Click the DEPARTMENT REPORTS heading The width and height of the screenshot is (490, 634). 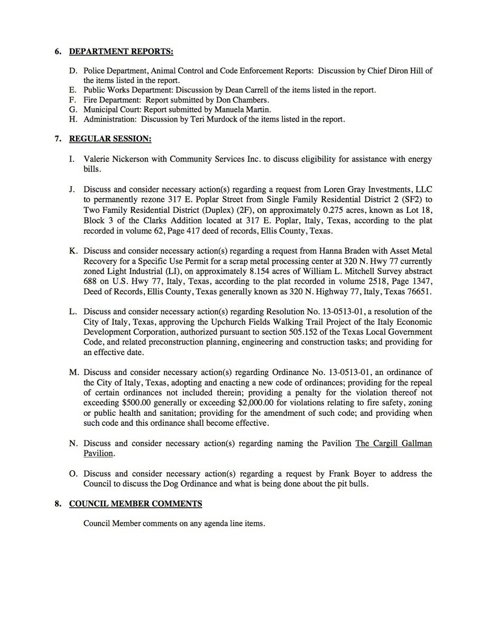[x=121, y=52]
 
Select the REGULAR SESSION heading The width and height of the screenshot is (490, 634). [x=110, y=139]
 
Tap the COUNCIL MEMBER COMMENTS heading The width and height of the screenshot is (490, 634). [x=135, y=504]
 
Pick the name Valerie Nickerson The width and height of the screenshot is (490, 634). [x=115, y=159]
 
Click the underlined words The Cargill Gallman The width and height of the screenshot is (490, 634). [x=393, y=443]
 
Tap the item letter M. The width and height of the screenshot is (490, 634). [x=74, y=372]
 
